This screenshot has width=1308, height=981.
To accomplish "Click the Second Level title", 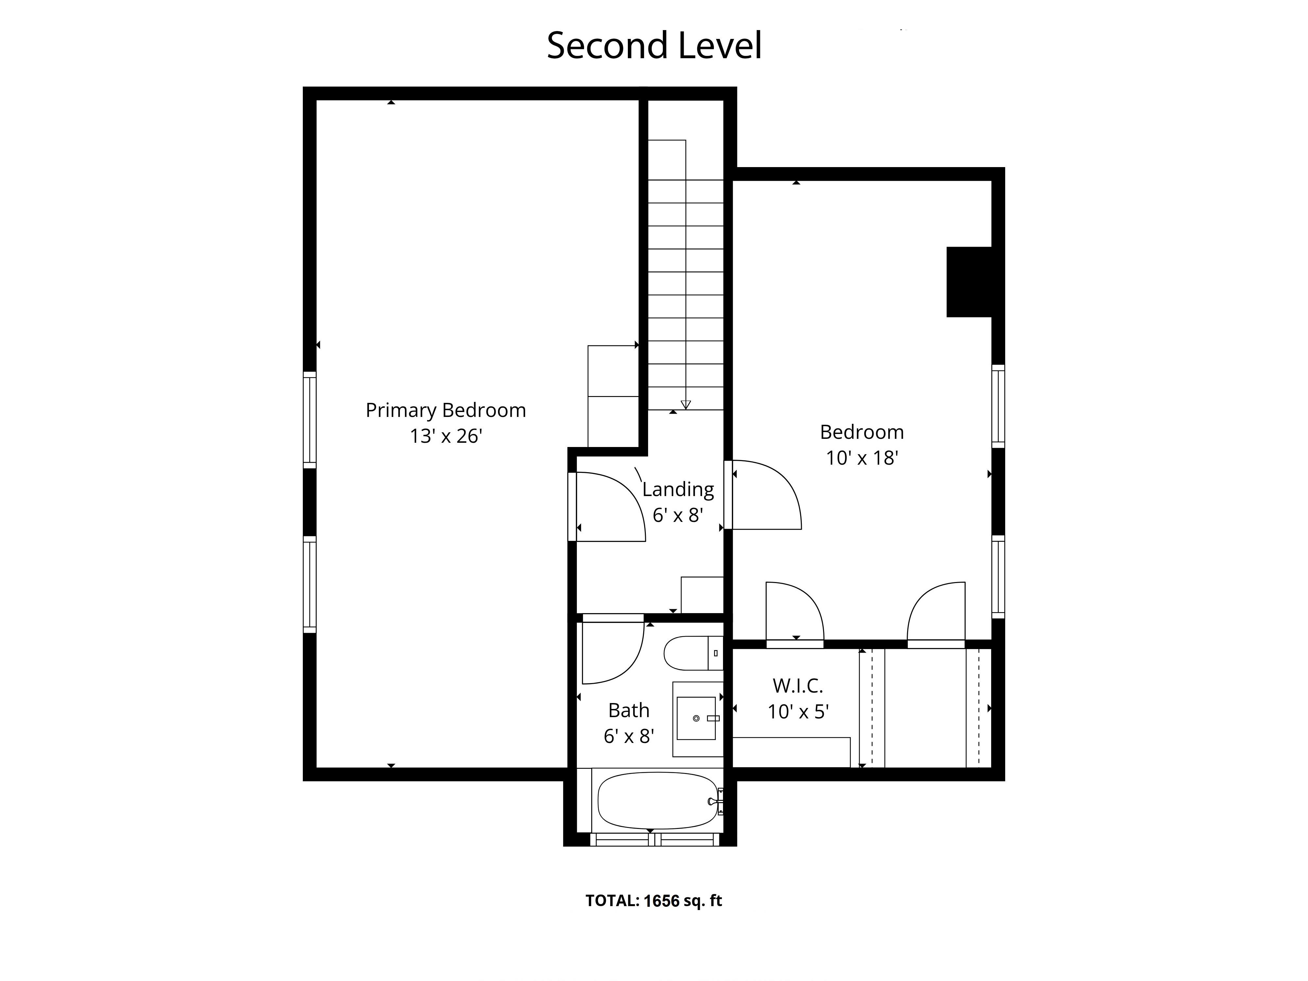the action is click(654, 45).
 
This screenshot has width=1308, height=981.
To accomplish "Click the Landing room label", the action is click(678, 490).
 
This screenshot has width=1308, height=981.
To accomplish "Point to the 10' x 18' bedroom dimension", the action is click(862, 458).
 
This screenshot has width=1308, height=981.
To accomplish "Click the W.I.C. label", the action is click(798, 686).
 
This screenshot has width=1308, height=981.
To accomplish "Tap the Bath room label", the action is click(628, 710).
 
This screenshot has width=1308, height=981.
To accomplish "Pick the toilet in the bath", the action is click(693, 653).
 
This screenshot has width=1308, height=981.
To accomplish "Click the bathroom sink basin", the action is click(696, 718).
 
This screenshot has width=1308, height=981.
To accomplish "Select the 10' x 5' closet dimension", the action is click(798, 711).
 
